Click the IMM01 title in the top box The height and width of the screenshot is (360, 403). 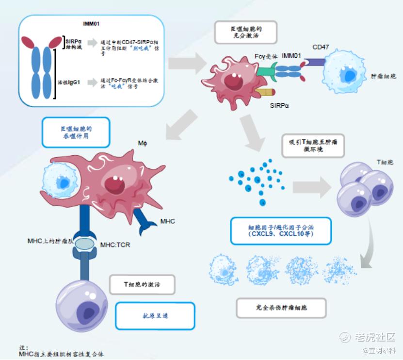[91, 23]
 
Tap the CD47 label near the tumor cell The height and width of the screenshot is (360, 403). [321, 47]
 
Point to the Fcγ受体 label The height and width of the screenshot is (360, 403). [266, 56]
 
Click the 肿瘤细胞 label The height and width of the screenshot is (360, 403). [383, 76]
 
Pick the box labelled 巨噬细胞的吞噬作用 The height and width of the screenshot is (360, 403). [75, 133]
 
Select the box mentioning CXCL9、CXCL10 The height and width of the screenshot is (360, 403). [281, 229]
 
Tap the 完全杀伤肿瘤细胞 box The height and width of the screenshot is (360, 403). [281, 308]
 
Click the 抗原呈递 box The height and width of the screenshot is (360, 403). [155, 316]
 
